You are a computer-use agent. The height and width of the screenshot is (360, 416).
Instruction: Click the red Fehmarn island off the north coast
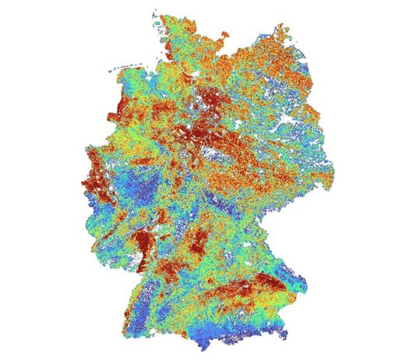click(x=226, y=36)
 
